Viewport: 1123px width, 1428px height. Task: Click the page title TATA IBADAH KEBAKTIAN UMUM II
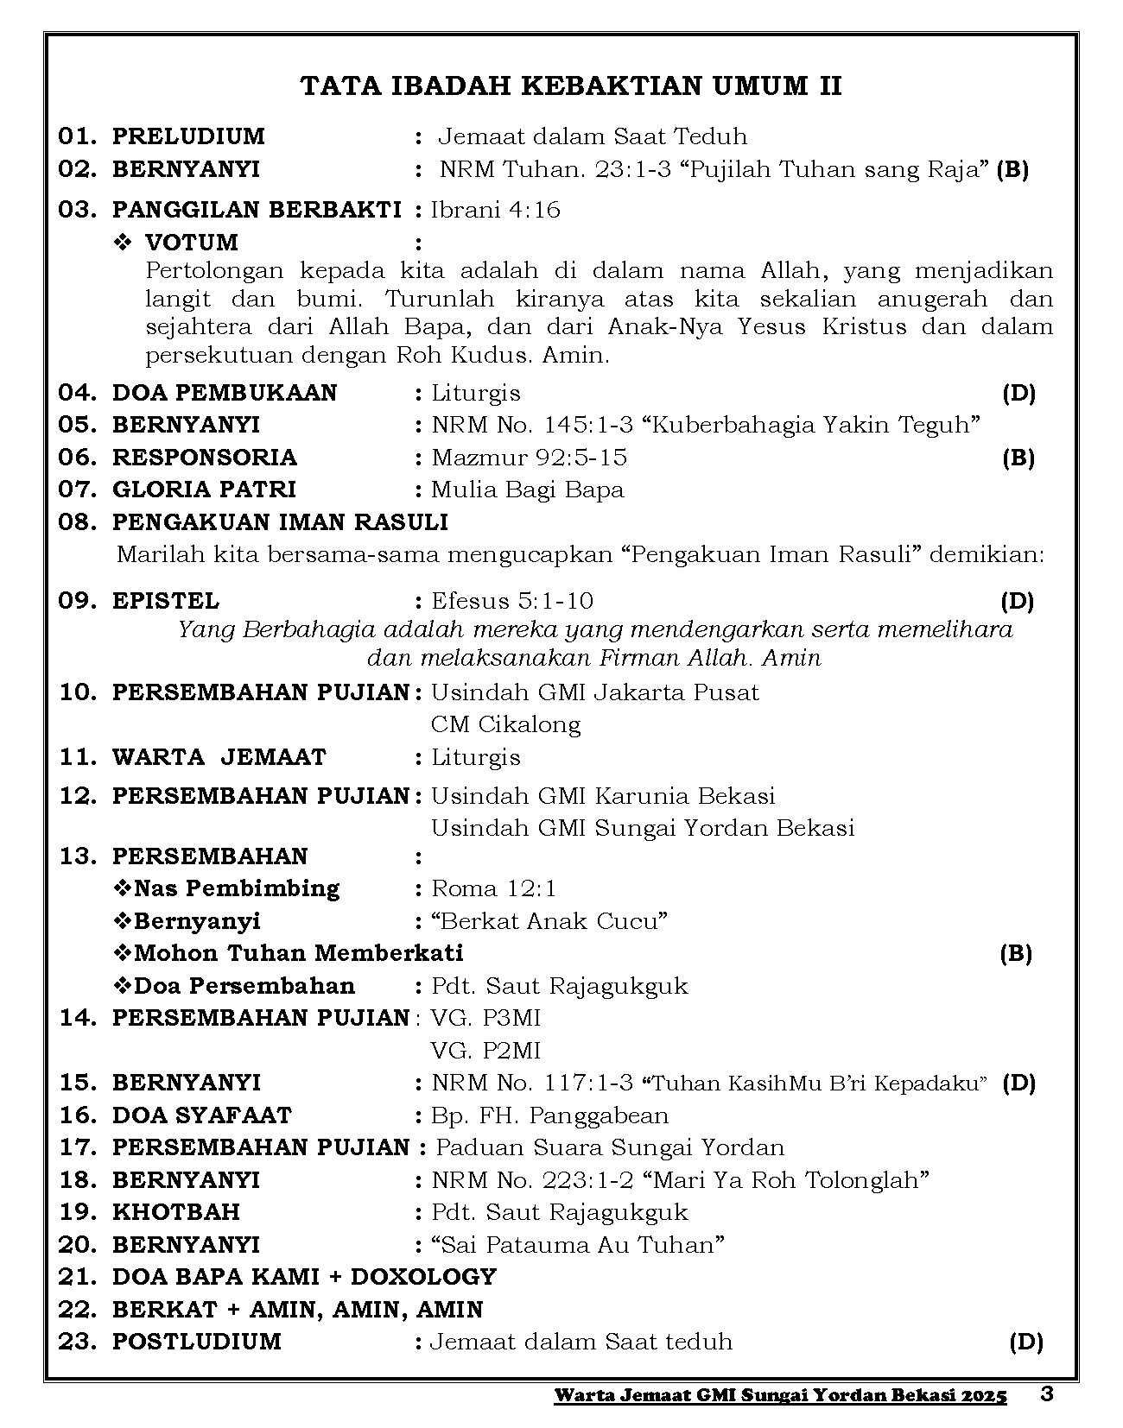pyautogui.click(x=571, y=86)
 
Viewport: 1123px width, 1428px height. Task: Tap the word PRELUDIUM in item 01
pyautogui.click(x=188, y=136)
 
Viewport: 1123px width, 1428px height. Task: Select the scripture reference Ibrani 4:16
pyautogui.click(x=496, y=210)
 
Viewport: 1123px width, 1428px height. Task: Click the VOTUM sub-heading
pyautogui.click(x=191, y=242)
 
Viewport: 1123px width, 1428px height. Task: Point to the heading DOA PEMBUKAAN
pyautogui.click(x=225, y=393)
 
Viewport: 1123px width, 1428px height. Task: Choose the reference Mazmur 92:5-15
pyautogui.click(x=530, y=458)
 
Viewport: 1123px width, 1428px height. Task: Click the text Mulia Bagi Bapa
pyautogui.click(x=527, y=490)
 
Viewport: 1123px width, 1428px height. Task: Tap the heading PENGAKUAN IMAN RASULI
pyautogui.click(x=280, y=522)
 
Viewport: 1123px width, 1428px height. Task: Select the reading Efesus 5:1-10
pyautogui.click(x=512, y=601)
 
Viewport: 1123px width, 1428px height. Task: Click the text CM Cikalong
pyautogui.click(x=505, y=724)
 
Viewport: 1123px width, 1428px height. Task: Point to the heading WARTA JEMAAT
pyautogui.click(x=219, y=757)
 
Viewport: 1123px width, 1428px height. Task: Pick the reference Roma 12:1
pyautogui.click(x=494, y=888)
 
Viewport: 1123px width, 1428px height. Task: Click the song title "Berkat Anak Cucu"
pyautogui.click(x=549, y=921)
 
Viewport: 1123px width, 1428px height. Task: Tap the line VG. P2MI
pyautogui.click(x=485, y=1051)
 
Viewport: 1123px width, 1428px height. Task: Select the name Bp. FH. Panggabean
pyautogui.click(x=549, y=1115)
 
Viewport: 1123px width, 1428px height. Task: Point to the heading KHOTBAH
pyautogui.click(x=176, y=1212)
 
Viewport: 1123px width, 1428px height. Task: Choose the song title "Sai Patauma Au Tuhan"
pyautogui.click(x=577, y=1245)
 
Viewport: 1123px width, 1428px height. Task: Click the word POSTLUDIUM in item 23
pyautogui.click(x=197, y=1342)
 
